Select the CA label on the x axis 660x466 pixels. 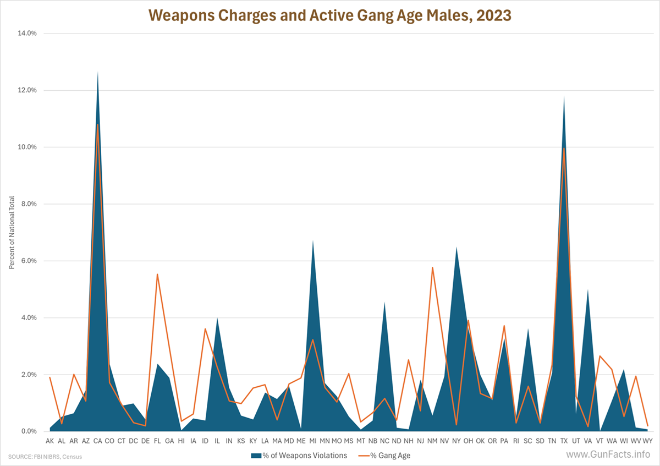click(97, 441)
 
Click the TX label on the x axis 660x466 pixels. click(564, 441)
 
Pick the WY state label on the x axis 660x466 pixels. click(647, 441)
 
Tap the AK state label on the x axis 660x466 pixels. click(50, 441)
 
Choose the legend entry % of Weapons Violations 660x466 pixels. click(299, 455)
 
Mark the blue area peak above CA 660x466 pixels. click(97, 72)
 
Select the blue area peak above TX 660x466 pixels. click(564, 97)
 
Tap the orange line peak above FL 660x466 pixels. click(157, 274)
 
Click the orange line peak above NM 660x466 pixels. click(433, 267)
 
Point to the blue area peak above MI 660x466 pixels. click(313, 241)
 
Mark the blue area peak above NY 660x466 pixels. click(457, 248)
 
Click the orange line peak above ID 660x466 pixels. click(205, 328)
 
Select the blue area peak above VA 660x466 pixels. click(588, 290)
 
